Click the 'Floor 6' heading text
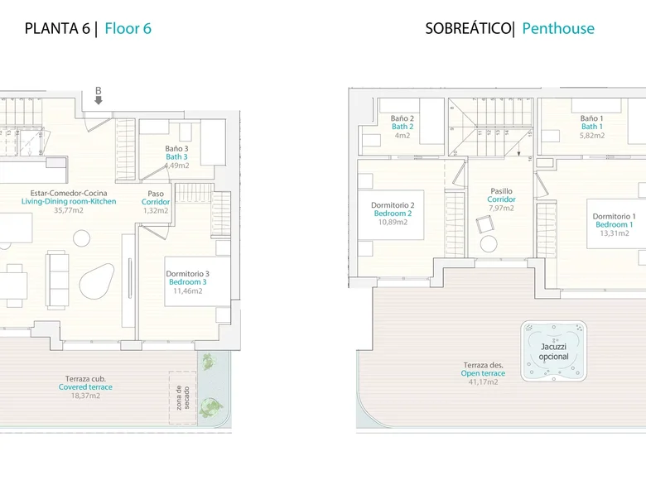pos(128,28)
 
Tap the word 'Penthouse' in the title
pos(558,28)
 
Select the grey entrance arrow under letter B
pos(99,100)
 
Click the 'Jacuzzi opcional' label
pos(554,352)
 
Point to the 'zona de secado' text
pos(183,398)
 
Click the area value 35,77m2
pos(69,210)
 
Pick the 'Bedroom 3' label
pos(188,282)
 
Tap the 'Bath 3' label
pos(176,157)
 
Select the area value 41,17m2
pos(484,382)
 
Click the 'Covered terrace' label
pos(85,387)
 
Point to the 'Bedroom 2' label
pos(393,214)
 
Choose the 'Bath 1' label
pos(592,127)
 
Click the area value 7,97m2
pos(501,209)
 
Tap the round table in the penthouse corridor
pos(489,243)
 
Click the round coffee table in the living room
pos(81,238)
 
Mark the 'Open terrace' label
pos(483,373)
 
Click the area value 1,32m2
pos(156,211)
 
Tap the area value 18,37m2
pos(85,396)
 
